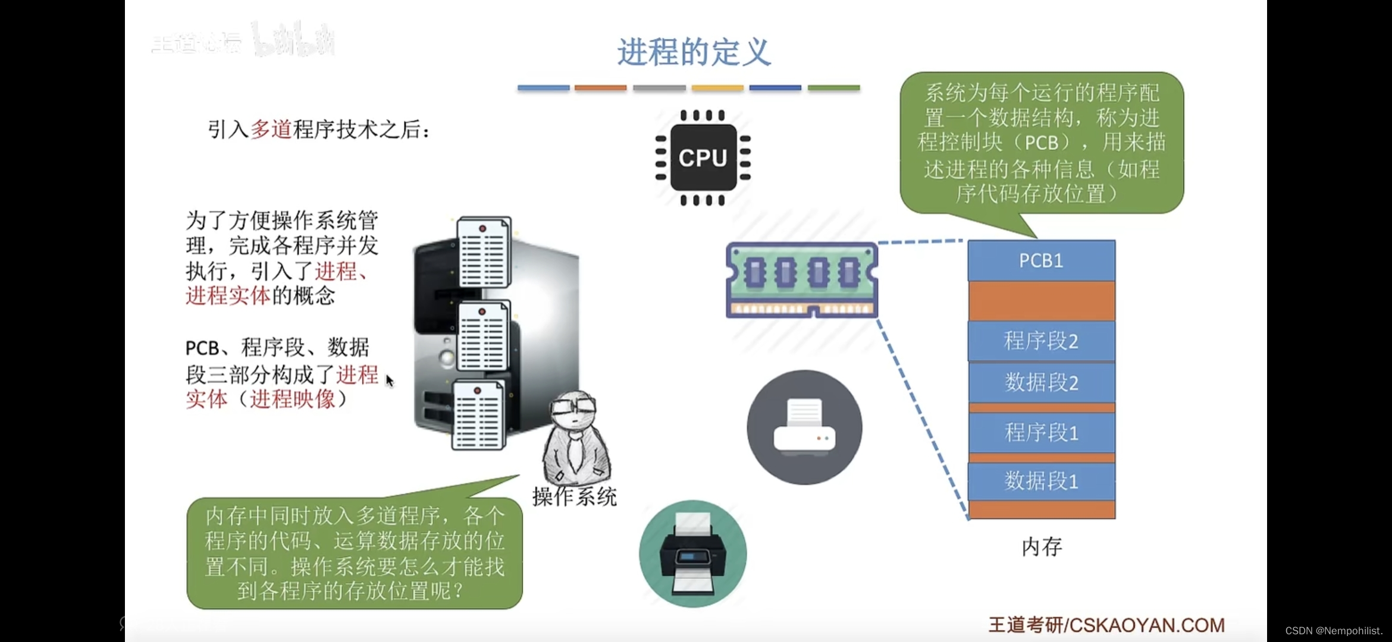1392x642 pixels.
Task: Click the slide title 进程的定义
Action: (x=694, y=52)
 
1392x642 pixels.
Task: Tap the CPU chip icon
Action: (x=703, y=158)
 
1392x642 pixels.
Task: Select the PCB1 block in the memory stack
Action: (x=1041, y=260)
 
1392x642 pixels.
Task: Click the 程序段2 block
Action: (x=1041, y=341)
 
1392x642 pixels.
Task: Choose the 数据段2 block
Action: (x=1041, y=382)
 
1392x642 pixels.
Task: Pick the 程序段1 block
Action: (x=1041, y=432)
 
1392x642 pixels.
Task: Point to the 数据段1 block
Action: (x=1041, y=481)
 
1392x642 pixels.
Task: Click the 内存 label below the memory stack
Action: (x=1042, y=547)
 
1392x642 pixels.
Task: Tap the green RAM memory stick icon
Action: (x=802, y=279)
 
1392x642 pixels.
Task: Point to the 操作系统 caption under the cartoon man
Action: (x=575, y=497)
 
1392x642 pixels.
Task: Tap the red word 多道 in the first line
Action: (x=271, y=129)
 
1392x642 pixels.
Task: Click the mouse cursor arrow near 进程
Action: (x=389, y=380)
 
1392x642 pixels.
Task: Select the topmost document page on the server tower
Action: (x=484, y=252)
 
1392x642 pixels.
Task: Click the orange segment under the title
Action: (x=600, y=88)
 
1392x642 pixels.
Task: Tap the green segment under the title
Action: (x=833, y=88)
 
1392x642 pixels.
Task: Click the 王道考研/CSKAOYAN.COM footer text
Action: (x=1106, y=625)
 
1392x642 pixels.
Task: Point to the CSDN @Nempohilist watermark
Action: (x=1334, y=631)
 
